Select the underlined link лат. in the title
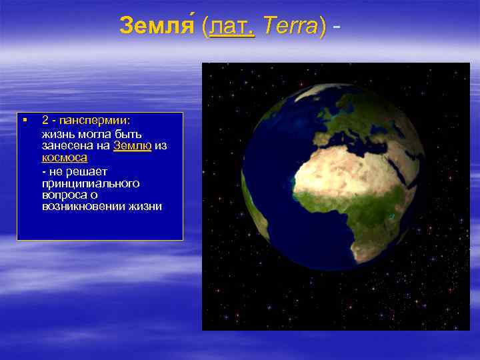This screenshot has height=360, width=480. [x=231, y=26]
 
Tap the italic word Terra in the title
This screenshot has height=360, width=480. [x=290, y=26]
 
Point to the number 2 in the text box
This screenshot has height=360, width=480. [x=45, y=121]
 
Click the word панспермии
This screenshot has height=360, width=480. [x=95, y=121]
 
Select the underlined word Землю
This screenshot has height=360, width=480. [x=132, y=145]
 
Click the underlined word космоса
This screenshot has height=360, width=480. [x=64, y=157]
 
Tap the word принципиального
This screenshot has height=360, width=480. [x=90, y=182]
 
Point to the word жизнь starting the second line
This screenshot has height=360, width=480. [x=55, y=133]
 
